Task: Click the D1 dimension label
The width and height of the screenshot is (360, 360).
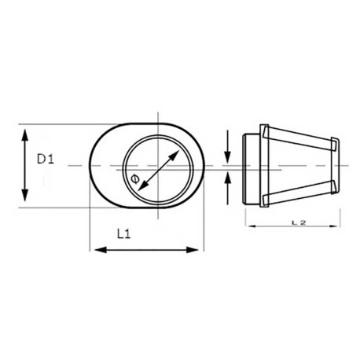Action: [44, 159]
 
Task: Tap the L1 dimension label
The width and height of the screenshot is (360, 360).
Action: [123, 233]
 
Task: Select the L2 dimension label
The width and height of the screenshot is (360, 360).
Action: [298, 222]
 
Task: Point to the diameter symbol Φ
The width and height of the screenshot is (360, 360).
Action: [134, 182]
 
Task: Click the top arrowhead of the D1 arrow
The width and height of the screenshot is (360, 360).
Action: [26, 130]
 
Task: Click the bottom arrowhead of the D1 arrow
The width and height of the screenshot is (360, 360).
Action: [26, 200]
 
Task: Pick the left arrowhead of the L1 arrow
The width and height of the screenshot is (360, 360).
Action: [97, 250]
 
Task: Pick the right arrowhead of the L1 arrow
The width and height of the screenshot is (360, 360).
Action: [196, 250]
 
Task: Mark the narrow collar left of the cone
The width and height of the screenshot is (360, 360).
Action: [251, 166]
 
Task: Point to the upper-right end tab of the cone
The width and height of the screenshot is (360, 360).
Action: [336, 143]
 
